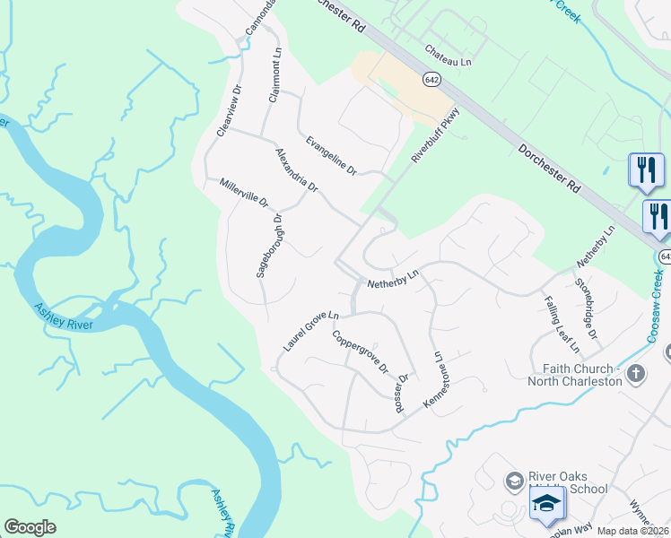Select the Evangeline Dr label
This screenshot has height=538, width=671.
click(x=331, y=155)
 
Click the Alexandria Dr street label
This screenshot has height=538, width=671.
click(x=297, y=170)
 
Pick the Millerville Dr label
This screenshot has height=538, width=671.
click(x=244, y=193)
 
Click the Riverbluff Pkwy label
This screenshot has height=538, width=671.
click(x=435, y=134)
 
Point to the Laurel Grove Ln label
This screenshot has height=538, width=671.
click(x=309, y=329)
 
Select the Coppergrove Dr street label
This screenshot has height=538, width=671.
click(x=359, y=352)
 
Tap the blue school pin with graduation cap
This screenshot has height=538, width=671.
click(x=546, y=506)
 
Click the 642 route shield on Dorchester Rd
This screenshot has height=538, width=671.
click(x=432, y=79)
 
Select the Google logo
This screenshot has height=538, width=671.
click(x=30, y=527)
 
